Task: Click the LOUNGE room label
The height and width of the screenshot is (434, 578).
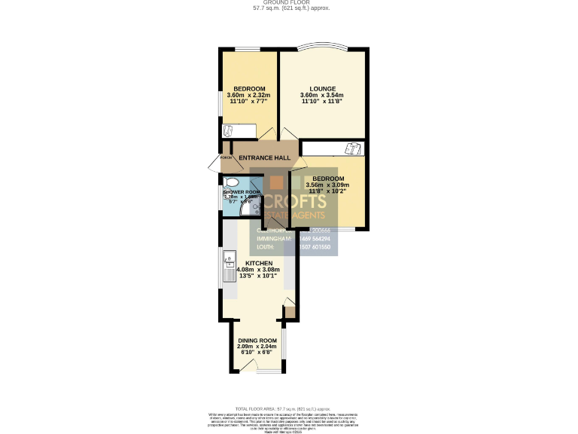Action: point(322,89)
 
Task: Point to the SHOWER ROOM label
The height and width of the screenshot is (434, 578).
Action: point(242,192)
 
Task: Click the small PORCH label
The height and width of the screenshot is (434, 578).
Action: point(225,157)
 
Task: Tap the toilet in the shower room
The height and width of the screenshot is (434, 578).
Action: point(231,182)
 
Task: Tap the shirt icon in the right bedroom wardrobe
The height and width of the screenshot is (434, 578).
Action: point(352,148)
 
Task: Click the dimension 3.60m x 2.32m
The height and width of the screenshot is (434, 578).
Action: point(248,96)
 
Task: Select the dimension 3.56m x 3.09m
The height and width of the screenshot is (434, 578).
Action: point(327,185)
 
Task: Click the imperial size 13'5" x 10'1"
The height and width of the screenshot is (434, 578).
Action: point(258,277)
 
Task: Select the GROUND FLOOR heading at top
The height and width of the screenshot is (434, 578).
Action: point(289,3)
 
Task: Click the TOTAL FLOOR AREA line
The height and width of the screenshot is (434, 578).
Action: point(289,406)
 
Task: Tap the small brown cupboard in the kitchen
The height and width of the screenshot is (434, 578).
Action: point(290,310)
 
